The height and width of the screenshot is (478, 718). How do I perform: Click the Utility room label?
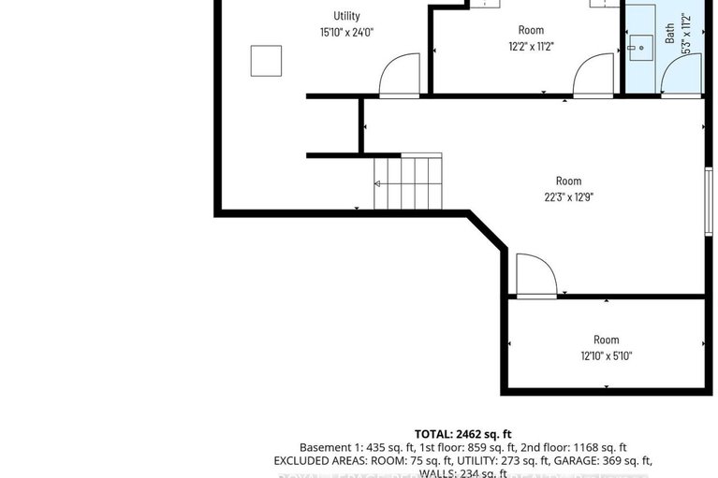click(x=346, y=16)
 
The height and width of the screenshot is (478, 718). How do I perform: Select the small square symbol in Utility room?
click(x=265, y=61)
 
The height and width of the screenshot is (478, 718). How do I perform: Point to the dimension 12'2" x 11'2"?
click(x=531, y=47)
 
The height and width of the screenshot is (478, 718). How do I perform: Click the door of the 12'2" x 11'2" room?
click(x=593, y=77)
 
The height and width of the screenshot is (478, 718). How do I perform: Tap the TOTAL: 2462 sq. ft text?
click(x=463, y=434)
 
